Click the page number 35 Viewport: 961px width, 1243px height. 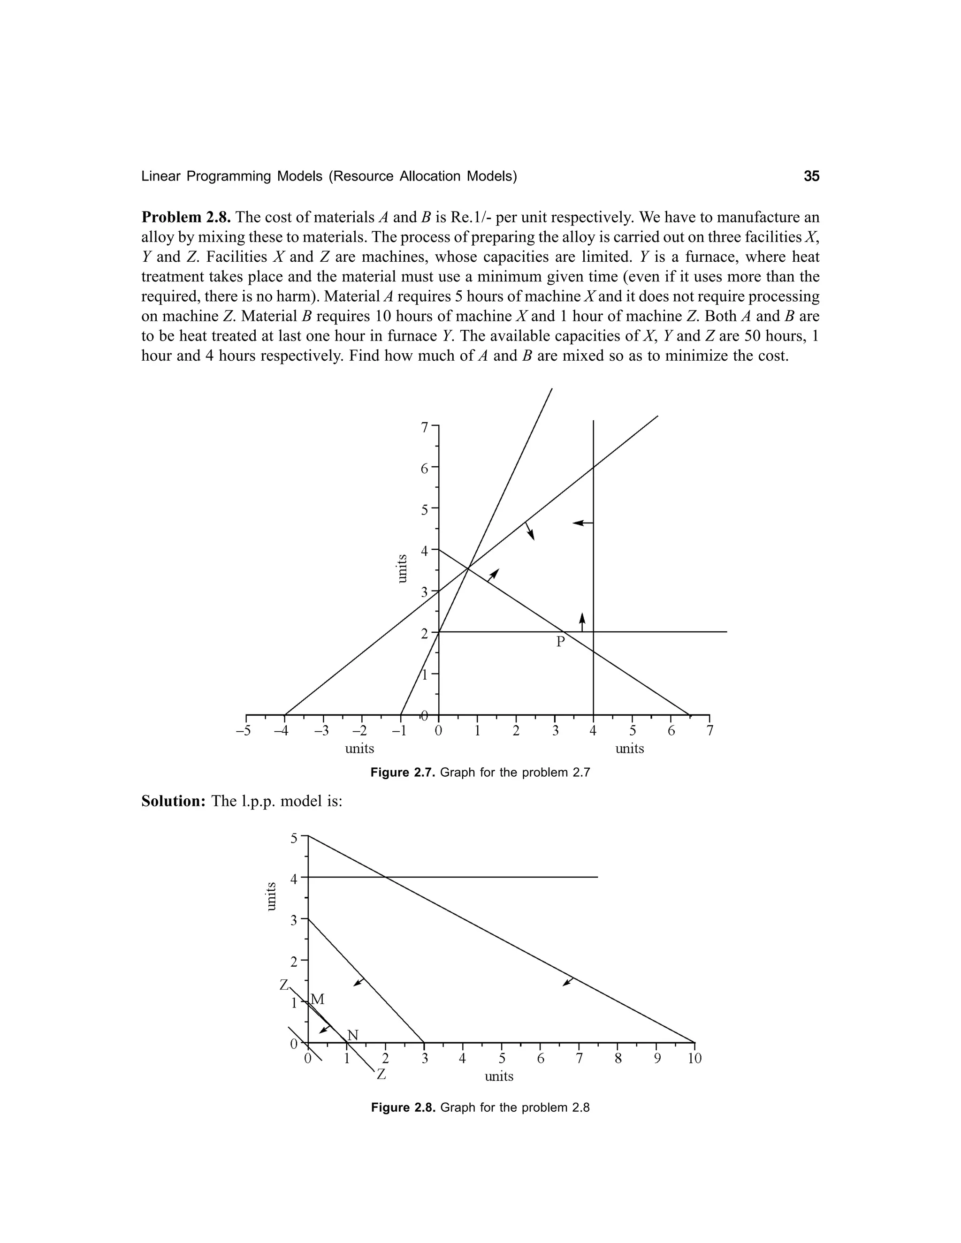pyautogui.click(x=811, y=176)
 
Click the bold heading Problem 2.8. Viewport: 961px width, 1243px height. pyautogui.click(x=186, y=218)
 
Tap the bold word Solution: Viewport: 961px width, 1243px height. pyautogui.click(x=174, y=801)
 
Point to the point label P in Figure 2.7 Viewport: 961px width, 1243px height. pyautogui.click(x=560, y=642)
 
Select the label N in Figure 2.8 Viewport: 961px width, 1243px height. pyautogui.click(x=353, y=1035)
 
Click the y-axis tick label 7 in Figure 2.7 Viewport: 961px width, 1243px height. pyautogui.click(x=424, y=427)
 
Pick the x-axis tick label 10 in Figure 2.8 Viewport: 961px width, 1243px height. pyautogui.click(x=694, y=1059)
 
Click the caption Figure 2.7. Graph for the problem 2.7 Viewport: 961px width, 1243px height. pyautogui.click(x=480, y=773)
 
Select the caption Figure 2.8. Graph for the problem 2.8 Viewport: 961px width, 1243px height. pyautogui.click(x=480, y=1107)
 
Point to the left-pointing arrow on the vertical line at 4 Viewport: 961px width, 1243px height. pyautogui.click(x=582, y=523)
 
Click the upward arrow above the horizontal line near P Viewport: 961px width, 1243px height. pyautogui.click(x=582, y=621)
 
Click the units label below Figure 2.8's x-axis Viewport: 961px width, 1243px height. pyautogui.click(x=499, y=1076)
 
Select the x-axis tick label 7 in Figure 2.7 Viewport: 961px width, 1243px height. pyautogui.click(x=709, y=731)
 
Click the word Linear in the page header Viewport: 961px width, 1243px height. pyautogui.click(x=161, y=176)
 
